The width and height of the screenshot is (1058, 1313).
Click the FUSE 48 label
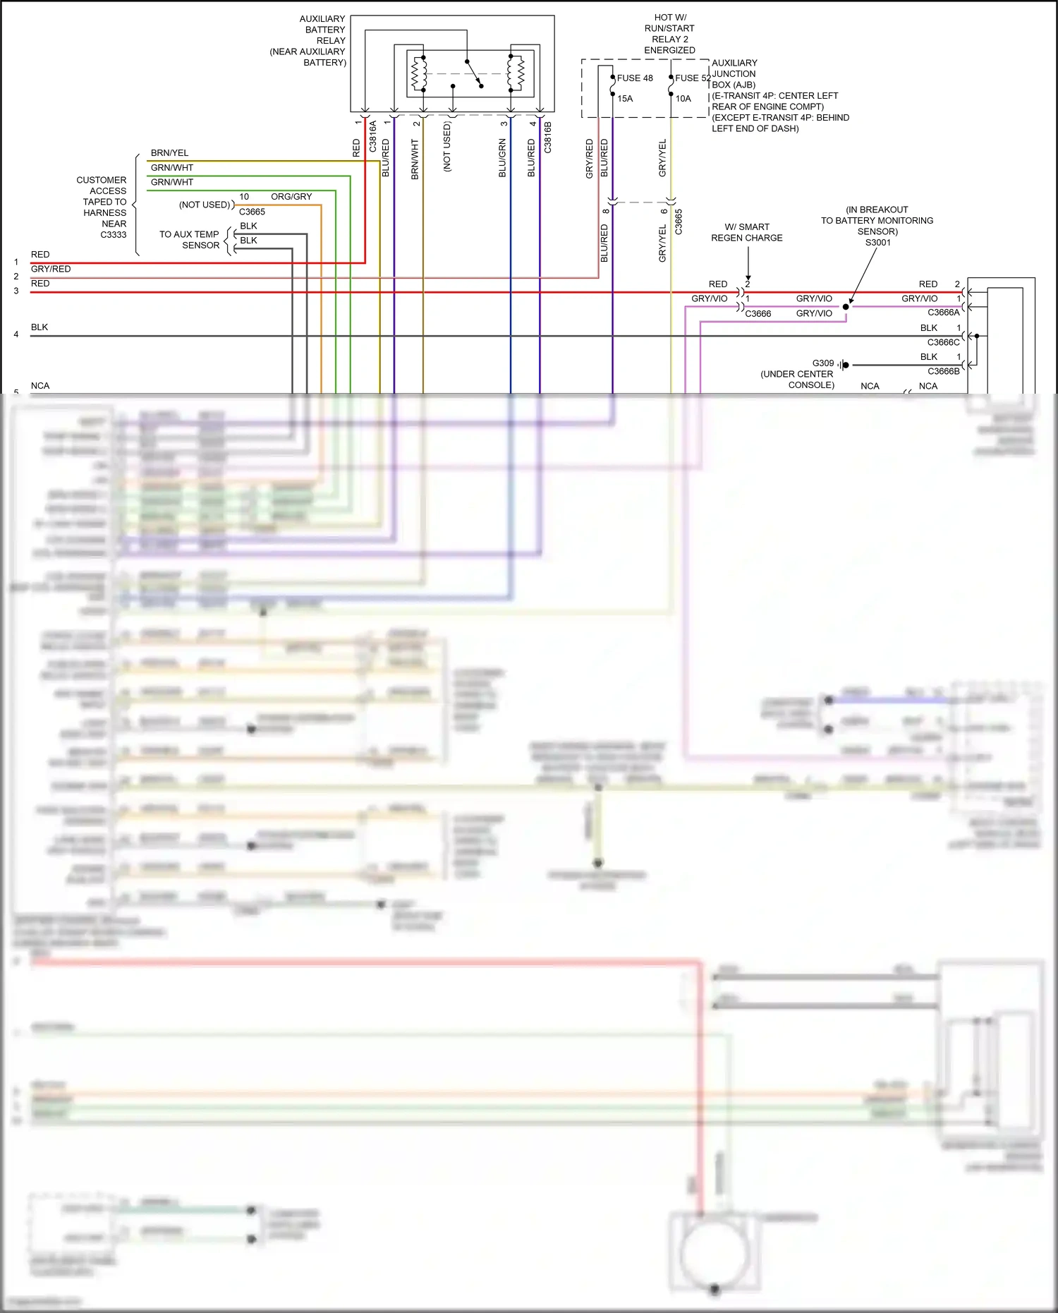(x=635, y=78)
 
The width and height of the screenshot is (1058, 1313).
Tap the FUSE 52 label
(x=693, y=78)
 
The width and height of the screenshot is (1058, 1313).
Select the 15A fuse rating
(x=625, y=99)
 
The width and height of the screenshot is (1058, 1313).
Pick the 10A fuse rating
(x=683, y=99)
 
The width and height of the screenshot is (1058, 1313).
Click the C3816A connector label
(x=373, y=137)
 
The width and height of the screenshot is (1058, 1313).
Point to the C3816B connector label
(x=548, y=137)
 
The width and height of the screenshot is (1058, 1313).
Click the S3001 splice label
(x=877, y=243)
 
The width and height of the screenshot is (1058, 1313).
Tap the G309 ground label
(x=822, y=363)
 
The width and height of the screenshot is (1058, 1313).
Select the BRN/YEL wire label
(x=169, y=153)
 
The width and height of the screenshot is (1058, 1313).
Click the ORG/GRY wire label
(x=291, y=197)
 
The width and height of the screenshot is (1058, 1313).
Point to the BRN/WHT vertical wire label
(x=415, y=159)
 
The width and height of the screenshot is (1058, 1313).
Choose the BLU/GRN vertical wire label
(x=502, y=158)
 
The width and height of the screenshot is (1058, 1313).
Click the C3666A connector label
(x=943, y=313)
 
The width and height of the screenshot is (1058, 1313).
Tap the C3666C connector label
(x=943, y=342)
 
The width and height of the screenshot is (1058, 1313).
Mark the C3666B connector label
(x=943, y=371)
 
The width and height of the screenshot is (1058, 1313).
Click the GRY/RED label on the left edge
(x=51, y=269)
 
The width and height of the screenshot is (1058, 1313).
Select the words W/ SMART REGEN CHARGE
(x=746, y=232)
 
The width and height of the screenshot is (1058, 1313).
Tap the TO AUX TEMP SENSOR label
(x=189, y=240)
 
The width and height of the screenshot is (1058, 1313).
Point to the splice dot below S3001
(x=846, y=307)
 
